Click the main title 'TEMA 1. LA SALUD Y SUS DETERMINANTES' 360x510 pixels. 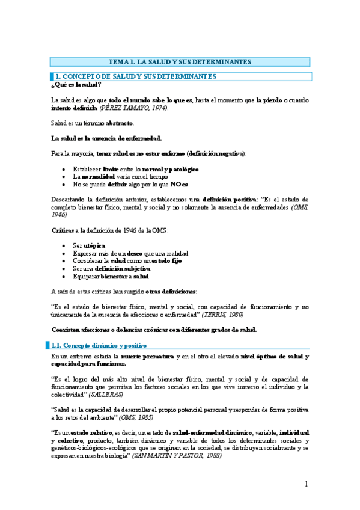pyautogui.click(x=180, y=62)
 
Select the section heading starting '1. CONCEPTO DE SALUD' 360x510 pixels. pyautogui.click(x=135, y=76)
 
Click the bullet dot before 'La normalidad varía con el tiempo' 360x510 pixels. pyautogui.click(x=64, y=177)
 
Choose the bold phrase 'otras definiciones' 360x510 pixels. pyautogui.click(x=171, y=291)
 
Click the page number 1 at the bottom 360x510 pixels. pyautogui.click(x=306, y=484)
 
